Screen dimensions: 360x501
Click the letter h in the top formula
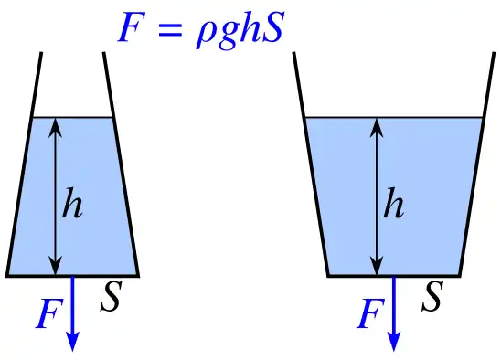pyautogui.click(x=244, y=27)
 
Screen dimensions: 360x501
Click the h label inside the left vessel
pyautogui.click(x=72, y=206)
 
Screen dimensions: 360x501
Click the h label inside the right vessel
pyautogui.click(x=392, y=206)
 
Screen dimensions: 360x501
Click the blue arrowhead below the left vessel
pyautogui.click(x=72, y=342)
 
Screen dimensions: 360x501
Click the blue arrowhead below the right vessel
pyautogui.click(x=394, y=342)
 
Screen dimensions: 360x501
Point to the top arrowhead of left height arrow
pyautogui.click(x=57, y=126)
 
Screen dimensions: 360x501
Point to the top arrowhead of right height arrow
pyautogui.click(x=376, y=126)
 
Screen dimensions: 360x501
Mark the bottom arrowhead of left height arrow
pyautogui.click(x=57, y=266)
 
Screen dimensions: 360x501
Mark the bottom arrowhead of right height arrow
pyautogui.click(x=376, y=266)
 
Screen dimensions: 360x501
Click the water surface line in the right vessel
pyautogui.click(x=430, y=117)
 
